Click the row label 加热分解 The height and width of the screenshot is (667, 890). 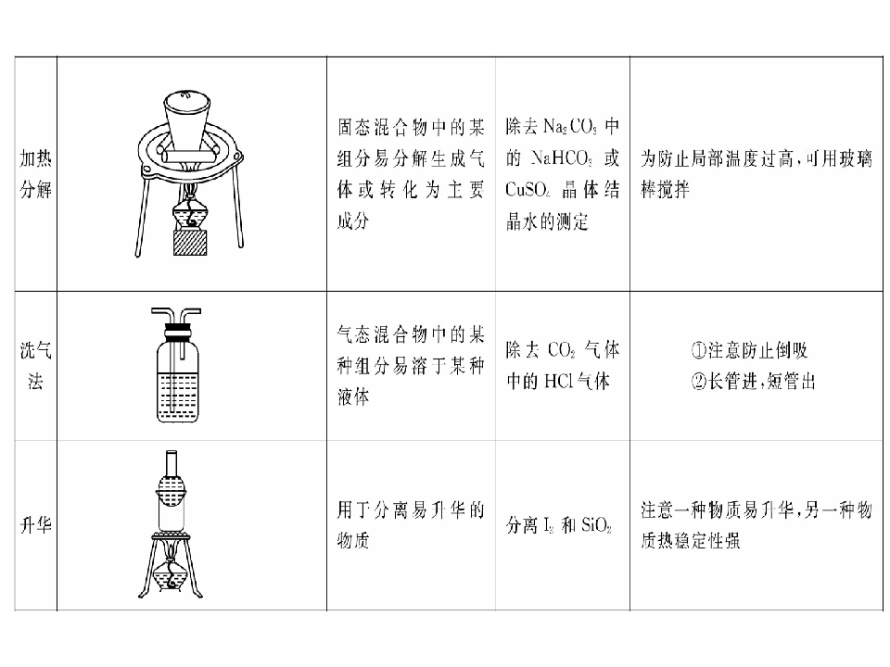pyautogui.click(x=36, y=173)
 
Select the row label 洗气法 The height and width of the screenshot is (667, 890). pyautogui.click(x=36, y=365)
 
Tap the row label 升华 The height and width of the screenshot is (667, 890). pyautogui.click(x=36, y=524)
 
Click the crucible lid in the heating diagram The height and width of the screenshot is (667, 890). pyautogui.click(x=187, y=97)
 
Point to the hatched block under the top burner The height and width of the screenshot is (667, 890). pyautogui.click(x=189, y=242)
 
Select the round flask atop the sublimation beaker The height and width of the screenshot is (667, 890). pyautogui.click(x=171, y=489)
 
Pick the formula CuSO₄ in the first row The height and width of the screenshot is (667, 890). pyautogui.click(x=528, y=189)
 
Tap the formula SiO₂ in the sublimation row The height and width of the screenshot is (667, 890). pyautogui.click(x=596, y=525)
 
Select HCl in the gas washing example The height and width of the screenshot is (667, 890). pyautogui.click(x=558, y=381)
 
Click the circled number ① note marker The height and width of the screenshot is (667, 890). pyautogui.click(x=699, y=350)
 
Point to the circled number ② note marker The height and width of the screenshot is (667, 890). pyautogui.click(x=699, y=381)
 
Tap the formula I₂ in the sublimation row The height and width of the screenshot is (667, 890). pyautogui.click(x=548, y=525)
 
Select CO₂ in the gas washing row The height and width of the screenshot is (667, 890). pyautogui.click(x=562, y=350)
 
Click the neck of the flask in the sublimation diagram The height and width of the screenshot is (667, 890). pyautogui.click(x=172, y=463)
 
